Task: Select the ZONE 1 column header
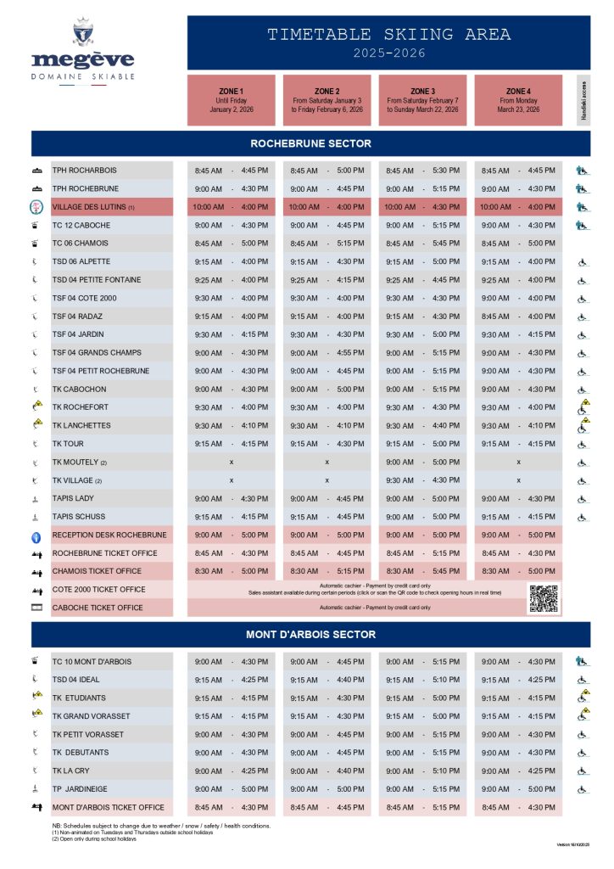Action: (231, 100)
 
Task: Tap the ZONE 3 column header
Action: (422, 100)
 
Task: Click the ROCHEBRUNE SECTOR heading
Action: (310, 143)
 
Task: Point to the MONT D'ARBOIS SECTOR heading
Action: (310, 635)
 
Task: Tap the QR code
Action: (544, 598)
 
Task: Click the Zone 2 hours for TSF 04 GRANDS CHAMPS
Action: (327, 353)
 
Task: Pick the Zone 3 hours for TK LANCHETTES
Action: (422, 426)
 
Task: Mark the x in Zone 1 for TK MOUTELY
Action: (232, 463)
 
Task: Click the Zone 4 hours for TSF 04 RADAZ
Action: (518, 317)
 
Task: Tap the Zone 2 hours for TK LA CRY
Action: (327, 771)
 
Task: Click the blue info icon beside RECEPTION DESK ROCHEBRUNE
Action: (36, 535)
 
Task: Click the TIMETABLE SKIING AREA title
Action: (389, 35)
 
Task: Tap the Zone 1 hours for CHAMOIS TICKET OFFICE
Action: (232, 571)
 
